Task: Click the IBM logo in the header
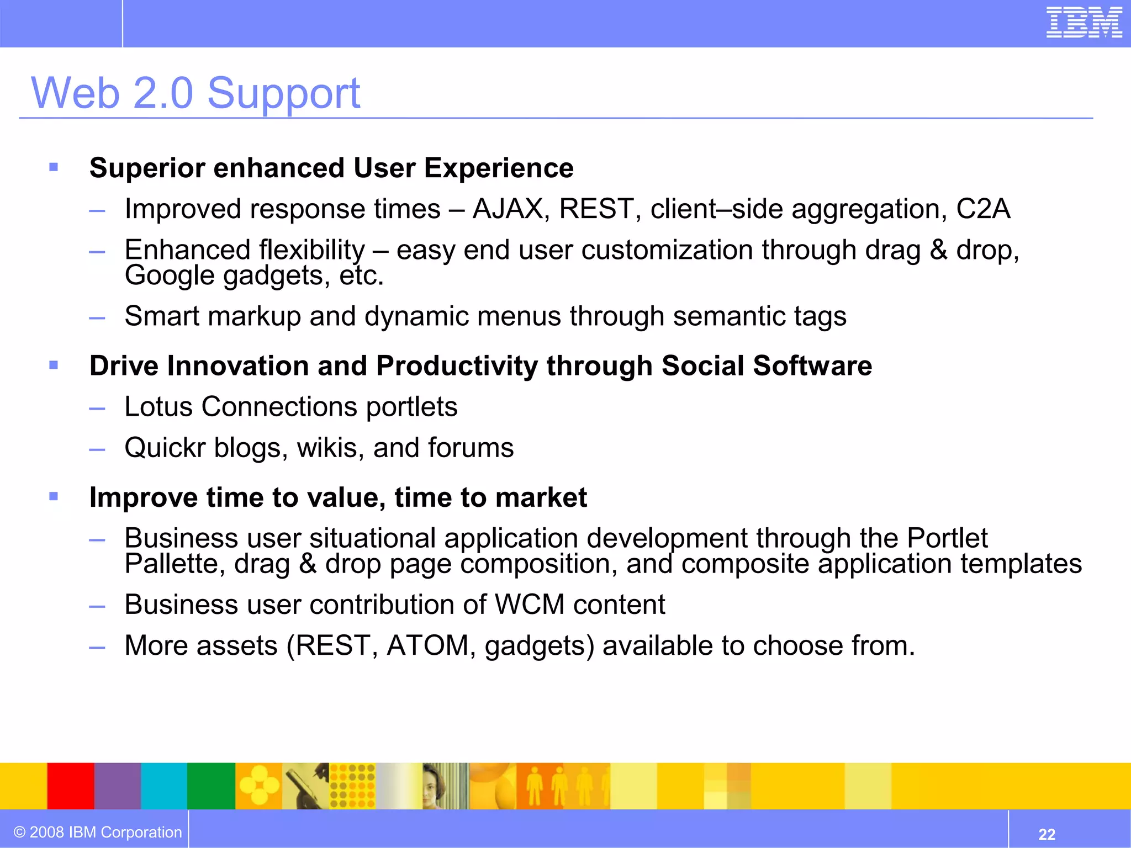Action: (1084, 23)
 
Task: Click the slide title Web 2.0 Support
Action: (195, 93)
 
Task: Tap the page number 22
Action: (1047, 834)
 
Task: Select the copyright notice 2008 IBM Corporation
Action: (98, 832)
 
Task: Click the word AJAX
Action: (508, 209)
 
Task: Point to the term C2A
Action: (983, 209)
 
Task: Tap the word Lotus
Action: (158, 407)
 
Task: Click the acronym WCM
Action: (530, 605)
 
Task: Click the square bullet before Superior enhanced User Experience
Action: (54, 167)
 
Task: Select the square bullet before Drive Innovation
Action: (54, 365)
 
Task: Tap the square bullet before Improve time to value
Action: (54, 496)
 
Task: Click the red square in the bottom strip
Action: (71, 786)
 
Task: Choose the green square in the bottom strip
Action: (211, 786)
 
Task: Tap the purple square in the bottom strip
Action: (118, 786)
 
